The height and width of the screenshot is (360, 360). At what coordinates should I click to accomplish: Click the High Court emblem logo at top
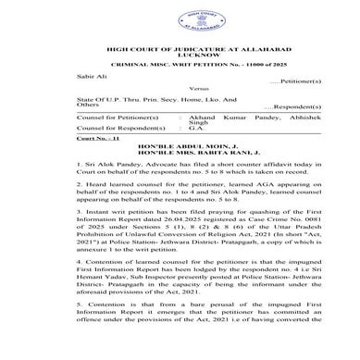pos(180,19)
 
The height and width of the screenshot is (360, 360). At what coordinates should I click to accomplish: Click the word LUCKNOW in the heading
pos(180,55)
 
